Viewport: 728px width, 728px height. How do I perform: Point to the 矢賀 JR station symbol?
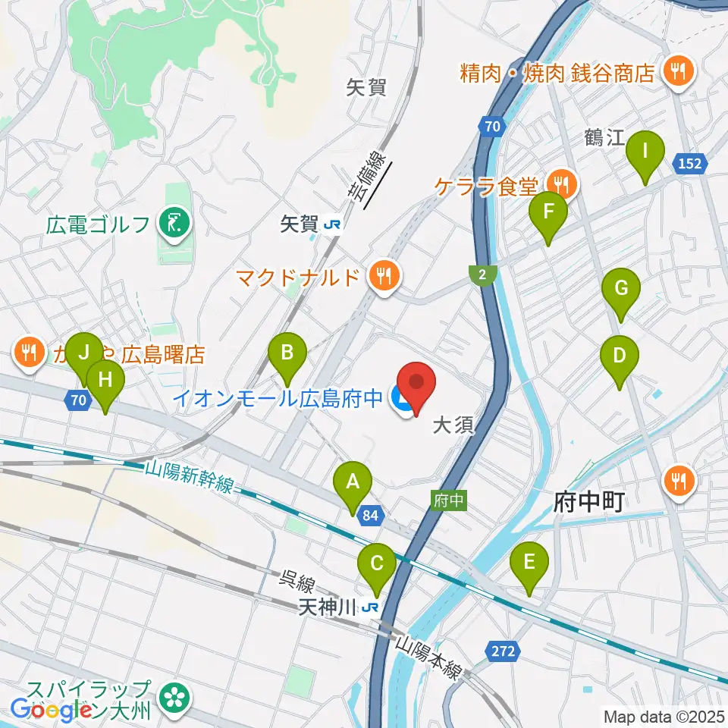tap(332, 224)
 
